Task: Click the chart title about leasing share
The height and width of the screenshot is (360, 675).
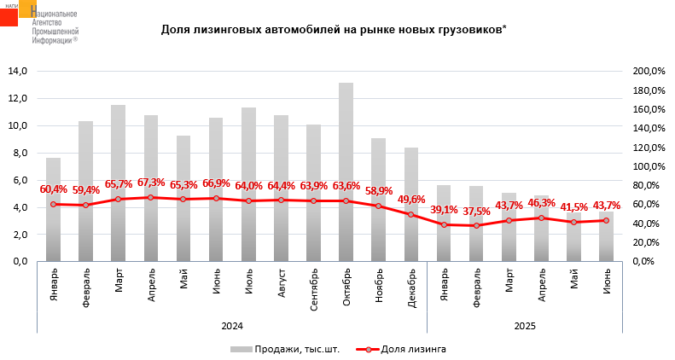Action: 334,30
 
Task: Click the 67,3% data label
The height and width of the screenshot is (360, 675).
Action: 150,183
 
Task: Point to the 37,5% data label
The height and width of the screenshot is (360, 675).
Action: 476,211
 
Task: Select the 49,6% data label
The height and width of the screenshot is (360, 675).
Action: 410,200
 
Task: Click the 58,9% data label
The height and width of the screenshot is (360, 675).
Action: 378,190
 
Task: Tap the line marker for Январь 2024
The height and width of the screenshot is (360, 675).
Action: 53,204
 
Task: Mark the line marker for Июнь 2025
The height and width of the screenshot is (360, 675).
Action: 606,220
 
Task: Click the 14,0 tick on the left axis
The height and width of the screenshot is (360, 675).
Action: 17,72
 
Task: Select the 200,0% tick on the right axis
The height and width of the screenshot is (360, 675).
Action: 648,72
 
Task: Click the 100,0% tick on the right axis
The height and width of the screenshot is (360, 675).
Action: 648,166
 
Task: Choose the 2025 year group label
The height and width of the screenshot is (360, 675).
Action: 525,325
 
